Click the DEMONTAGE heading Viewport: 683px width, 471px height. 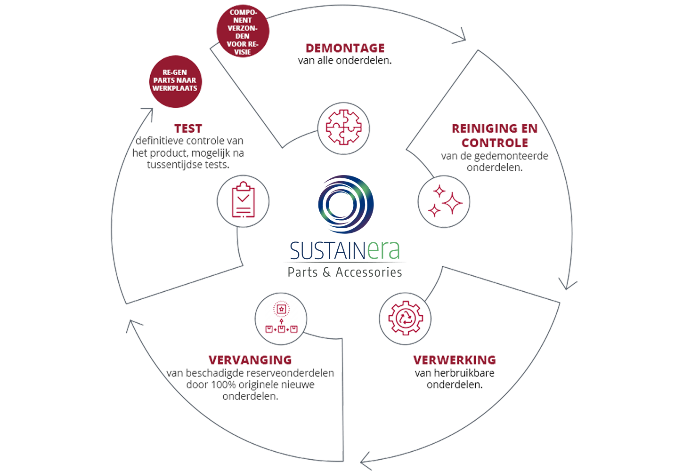click(345, 48)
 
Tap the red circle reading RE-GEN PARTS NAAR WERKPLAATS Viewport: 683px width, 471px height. click(174, 80)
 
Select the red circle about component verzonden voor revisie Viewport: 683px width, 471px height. click(243, 32)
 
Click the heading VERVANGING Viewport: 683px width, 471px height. click(250, 360)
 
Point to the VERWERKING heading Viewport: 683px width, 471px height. click(454, 360)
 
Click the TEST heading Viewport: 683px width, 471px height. click(188, 128)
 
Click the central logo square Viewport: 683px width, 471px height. click(344, 224)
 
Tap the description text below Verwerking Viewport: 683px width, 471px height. click(454, 378)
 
